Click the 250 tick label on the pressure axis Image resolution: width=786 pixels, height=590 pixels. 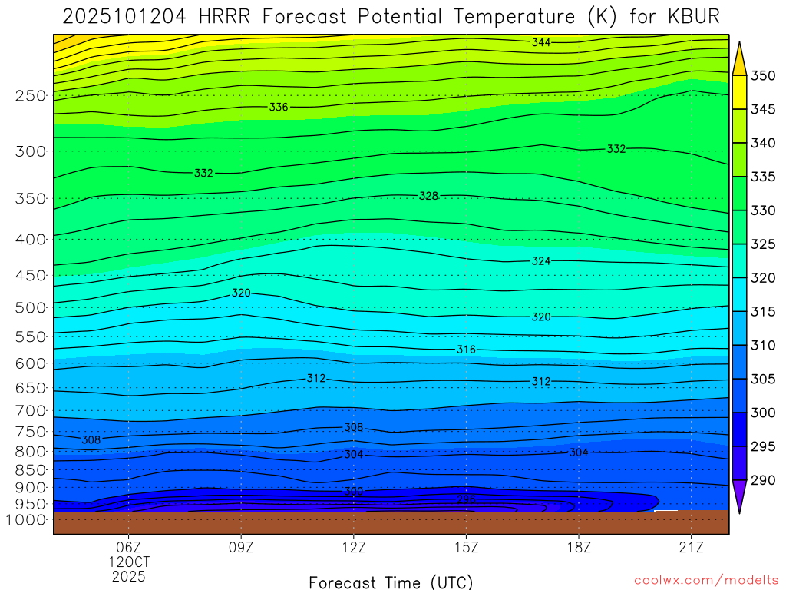(x=29, y=96)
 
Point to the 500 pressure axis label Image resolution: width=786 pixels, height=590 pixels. (x=29, y=308)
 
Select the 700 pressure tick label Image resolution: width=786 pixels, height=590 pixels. (x=29, y=410)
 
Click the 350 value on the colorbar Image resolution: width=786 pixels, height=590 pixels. (x=764, y=75)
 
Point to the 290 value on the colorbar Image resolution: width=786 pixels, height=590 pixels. (x=764, y=480)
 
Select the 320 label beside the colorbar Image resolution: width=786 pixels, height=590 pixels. (x=764, y=277)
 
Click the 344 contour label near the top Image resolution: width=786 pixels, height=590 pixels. (x=541, y=43)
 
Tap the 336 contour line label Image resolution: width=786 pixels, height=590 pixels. (x=279, y=107)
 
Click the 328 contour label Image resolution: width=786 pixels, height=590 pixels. (x=428, y=196)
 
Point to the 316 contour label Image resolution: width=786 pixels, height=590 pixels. (x=466, y=350)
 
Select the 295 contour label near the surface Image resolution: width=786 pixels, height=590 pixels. (x=466, y=499)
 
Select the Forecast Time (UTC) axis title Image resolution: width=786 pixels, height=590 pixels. (x=391, y=582)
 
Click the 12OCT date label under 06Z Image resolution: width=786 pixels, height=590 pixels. (x=129, y=562)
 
